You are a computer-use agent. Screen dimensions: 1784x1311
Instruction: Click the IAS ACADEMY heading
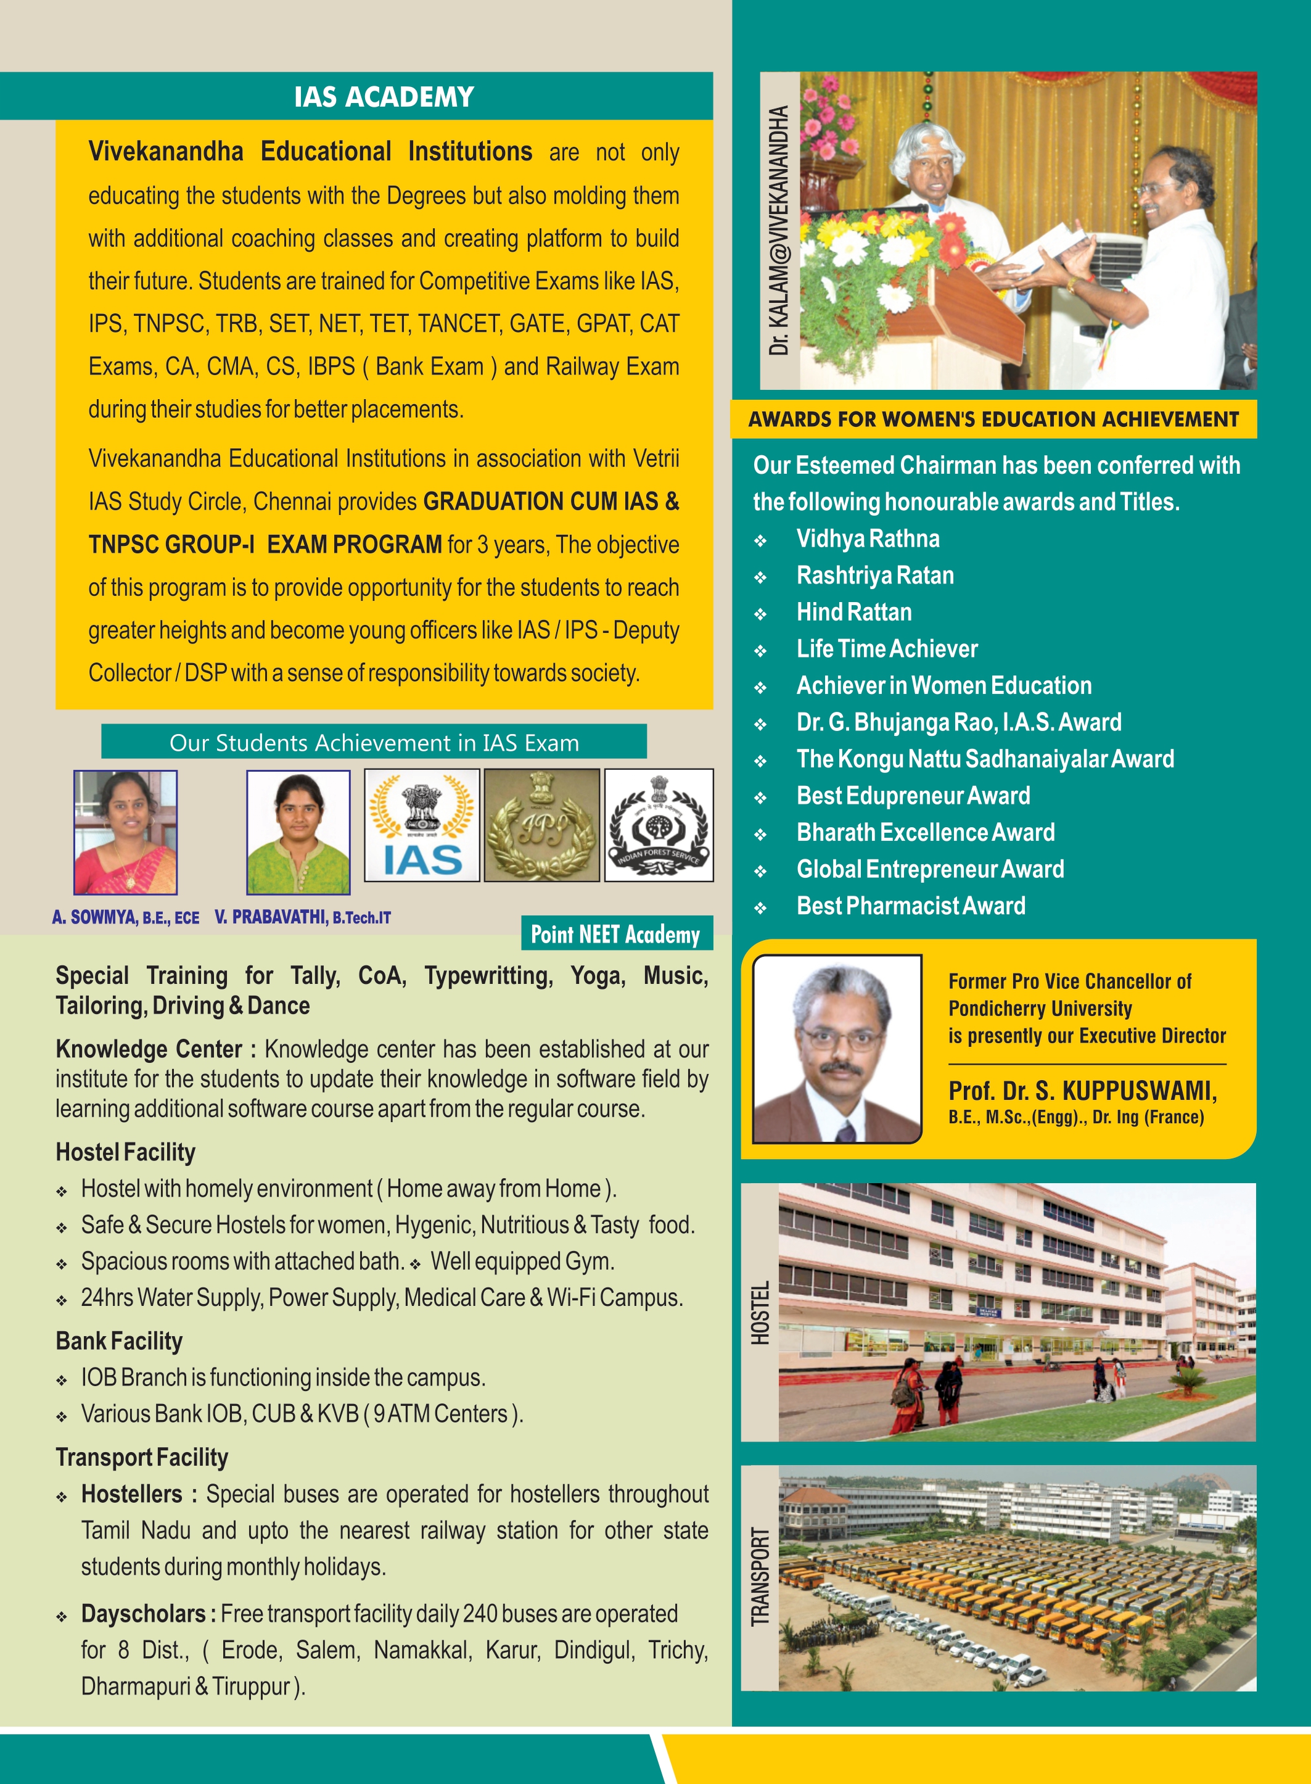(x=384, y=97)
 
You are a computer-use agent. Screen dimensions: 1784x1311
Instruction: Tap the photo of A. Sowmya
(x=125, y=832)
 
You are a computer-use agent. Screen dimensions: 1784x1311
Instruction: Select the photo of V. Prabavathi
(x=298, y=832)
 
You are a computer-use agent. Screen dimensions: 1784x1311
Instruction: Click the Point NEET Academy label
(x=616, y=934)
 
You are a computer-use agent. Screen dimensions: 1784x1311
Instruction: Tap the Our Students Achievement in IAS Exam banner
(x=374, y=742)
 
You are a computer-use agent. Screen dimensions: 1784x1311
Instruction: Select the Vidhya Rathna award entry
(x=868, y=539)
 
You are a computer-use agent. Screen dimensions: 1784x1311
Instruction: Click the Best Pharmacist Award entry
(x=910, y=906)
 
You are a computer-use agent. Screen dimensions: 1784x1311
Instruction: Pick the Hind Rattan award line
(x=854, y=612)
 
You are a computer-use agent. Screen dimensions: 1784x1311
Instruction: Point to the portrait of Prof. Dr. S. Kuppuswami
(x=837, y=1049)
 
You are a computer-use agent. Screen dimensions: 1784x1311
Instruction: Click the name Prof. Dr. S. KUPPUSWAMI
(x=1082, y=1091)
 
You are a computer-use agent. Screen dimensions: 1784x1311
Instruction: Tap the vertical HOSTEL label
(x=760, y=1312)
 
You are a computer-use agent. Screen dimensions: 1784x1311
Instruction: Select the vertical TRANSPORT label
(x=760, y=1577)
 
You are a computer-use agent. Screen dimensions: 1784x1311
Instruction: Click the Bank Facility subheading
(x=119, y=1341)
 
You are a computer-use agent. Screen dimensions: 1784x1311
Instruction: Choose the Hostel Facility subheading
(x=125, y=1152)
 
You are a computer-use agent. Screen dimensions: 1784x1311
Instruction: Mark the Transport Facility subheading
(x=142, y=1457)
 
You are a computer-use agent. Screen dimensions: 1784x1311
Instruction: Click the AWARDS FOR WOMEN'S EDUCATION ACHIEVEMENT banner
(x=993, y=419)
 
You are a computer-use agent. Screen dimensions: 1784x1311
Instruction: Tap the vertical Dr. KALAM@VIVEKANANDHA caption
(x=779, y=230)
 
